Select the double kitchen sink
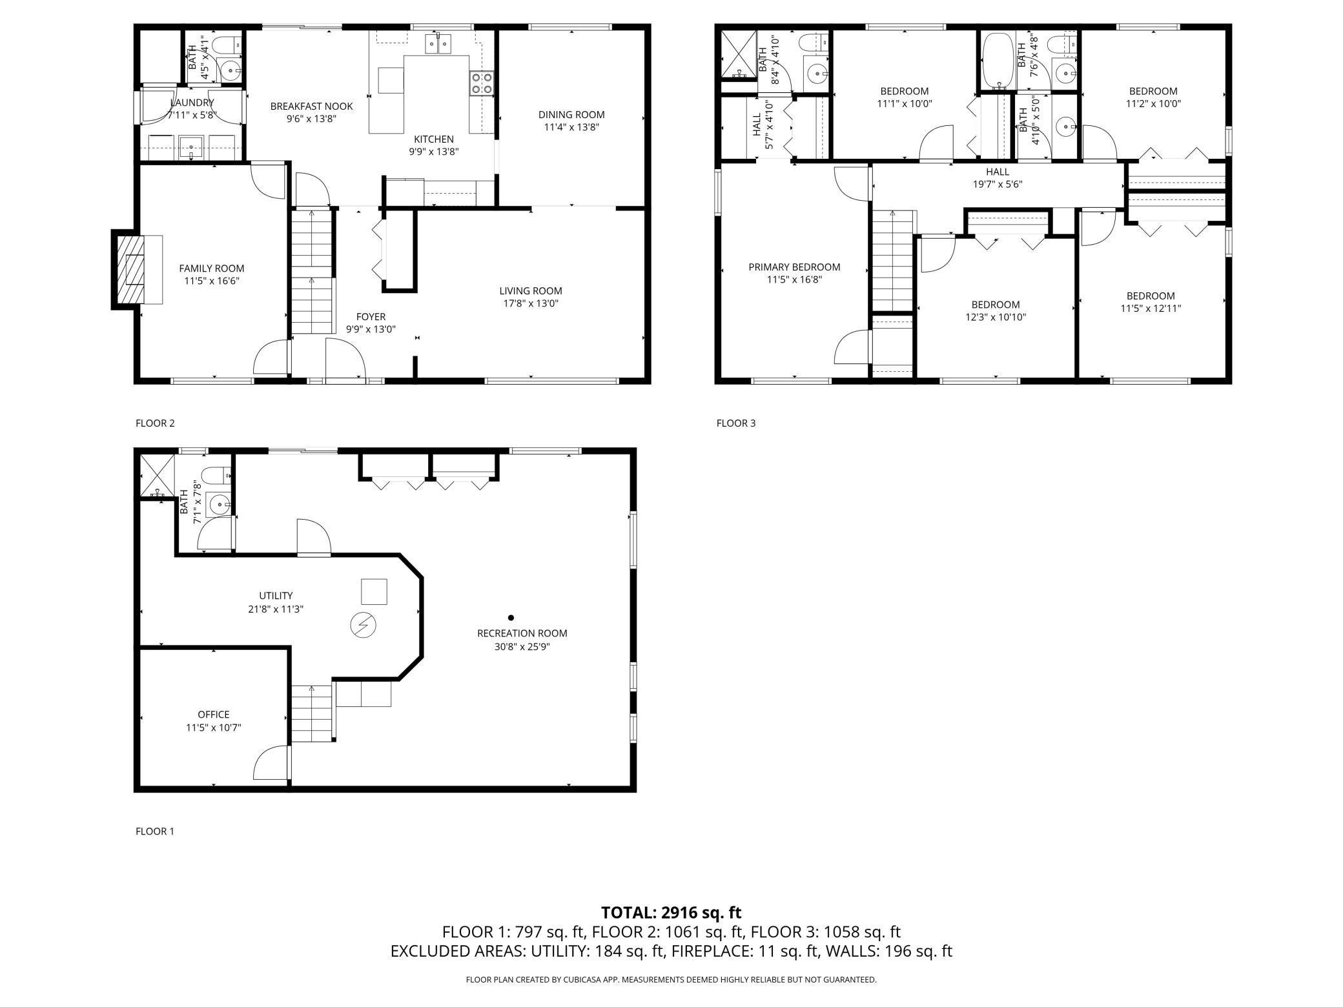(x=438, y=44)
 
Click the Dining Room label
(x=571, y=115)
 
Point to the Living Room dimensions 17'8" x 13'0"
(x=530, y=303)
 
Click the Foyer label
(x=371, y=317)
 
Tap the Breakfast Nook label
(x=312, y=107)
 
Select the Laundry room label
(x=192, y=103)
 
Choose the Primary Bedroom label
(x=794, y=267)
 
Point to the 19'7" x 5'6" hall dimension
(x=998, y=184)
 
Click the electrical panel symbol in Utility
(x=363, y=625)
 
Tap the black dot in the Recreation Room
(x=511, y=618)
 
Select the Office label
(x=214, y=715)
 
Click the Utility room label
(x=276, y=596)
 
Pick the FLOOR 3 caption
(x=736, y=423)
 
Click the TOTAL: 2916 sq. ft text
(x=671, y=913)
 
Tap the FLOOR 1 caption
(x=155, y=831)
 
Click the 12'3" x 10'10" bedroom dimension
(x=996, y=317)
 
